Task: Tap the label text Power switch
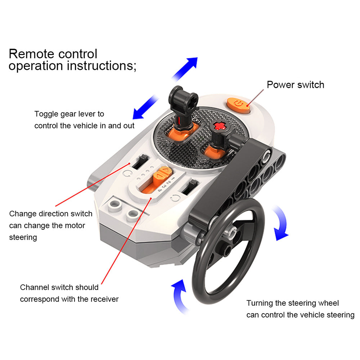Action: coord(295,85)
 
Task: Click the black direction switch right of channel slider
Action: coord(189,188)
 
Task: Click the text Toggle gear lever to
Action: coord(69,114)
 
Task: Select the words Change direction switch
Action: coord(51,213)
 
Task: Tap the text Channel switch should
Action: coord(59,287)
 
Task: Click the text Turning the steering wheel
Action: coord(292,303)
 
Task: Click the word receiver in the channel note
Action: coord(104,299)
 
